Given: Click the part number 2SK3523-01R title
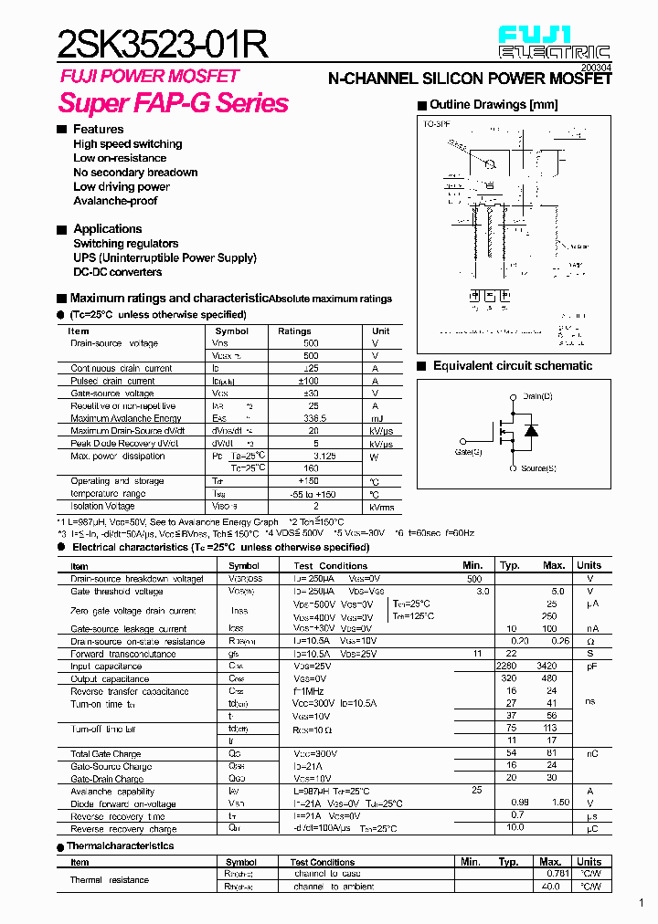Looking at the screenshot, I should coord(163,44).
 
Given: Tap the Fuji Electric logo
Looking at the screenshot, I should coord(553,43).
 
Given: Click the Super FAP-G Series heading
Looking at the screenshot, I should coord(174,103).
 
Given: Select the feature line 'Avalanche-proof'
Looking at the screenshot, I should coord(115,201).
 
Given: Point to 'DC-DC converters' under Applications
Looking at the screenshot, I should coord(117,272).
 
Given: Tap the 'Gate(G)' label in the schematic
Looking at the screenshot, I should coord(468,451).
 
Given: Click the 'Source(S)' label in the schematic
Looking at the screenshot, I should coord(538,468).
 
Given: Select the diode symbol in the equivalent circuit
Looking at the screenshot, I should coord(529,429).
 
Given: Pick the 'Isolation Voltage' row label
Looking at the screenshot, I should coord(102,506).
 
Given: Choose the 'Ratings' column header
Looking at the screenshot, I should coord(294,331).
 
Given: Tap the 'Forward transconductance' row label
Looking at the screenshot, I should coord(123,654).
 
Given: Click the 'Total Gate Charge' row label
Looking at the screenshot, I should coord(106,754).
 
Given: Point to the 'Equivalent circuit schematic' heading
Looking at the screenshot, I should coord(512,366).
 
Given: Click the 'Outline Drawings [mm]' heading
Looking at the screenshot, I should coord(493,105).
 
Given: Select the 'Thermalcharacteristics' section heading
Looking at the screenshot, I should coord(120,846).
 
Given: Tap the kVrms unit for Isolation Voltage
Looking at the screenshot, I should coord(381,506).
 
